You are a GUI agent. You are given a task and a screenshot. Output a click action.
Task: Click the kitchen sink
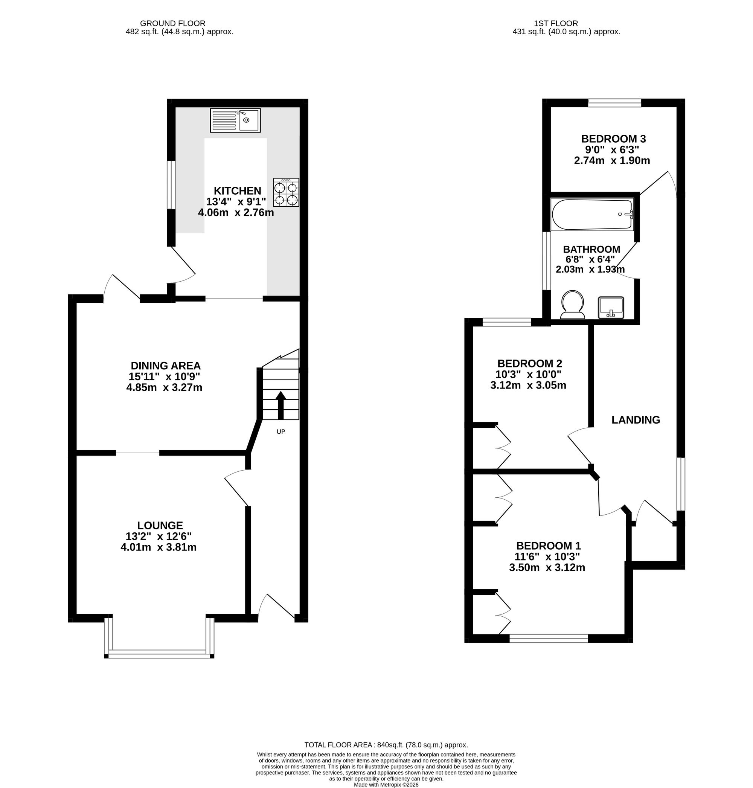[235, 120]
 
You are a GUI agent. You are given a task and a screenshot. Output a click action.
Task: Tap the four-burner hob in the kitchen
[286, 192]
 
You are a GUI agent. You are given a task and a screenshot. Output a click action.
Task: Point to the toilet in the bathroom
[573, 305]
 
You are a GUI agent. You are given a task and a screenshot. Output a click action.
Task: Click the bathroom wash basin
[611, 308]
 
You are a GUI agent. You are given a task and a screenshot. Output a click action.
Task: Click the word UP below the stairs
[281, 432]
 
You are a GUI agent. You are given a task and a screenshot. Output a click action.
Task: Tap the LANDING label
[636, 420]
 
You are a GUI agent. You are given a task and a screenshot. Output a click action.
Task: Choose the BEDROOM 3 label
[614, 139]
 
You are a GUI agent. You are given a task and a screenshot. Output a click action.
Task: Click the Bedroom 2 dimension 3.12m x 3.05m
[528, 386]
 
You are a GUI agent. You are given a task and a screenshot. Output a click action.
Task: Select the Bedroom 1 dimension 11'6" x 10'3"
[547, 557]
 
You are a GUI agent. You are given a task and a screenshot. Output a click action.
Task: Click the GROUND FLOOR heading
[172, 24]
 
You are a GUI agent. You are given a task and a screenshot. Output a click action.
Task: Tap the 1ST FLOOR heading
[556, 24]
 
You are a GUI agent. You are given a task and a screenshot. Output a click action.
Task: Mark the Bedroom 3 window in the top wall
[614, 103]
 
